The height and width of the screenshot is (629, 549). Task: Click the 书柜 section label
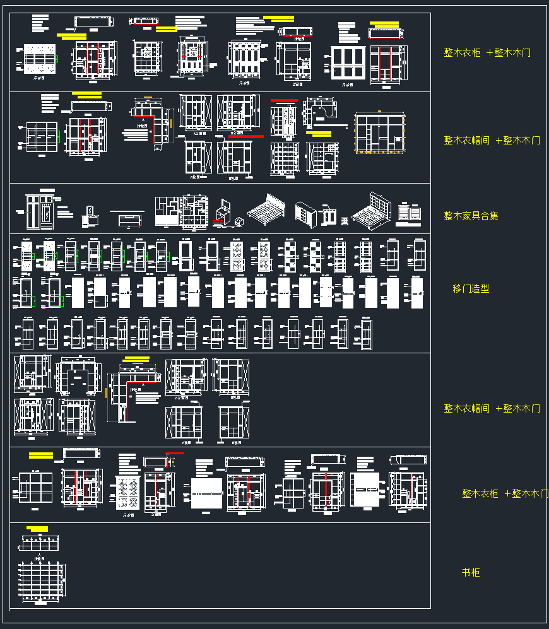(x=471, y=572)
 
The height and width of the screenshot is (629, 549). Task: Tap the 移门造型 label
(x=471, y=288)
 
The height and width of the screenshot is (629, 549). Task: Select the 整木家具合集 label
(x=471, y=216)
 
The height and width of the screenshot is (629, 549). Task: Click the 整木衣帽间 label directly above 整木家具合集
(x=492, y=140)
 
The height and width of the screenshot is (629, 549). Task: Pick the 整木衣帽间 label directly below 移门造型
(x=492, y=408)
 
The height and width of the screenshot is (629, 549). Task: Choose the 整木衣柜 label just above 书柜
(x=505, y=493)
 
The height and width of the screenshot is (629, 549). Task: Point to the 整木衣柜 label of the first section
(x=487, y=52)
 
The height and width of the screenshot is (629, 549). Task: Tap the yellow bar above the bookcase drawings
(x=38, y=529)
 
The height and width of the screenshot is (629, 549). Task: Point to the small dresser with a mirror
(x=89, y=215)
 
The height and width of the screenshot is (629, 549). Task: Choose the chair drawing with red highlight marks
(x=223, y=211)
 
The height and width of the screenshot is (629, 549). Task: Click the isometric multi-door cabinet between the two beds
(x=307, y=214)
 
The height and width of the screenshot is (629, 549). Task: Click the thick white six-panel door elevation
(x=348, y=63)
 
